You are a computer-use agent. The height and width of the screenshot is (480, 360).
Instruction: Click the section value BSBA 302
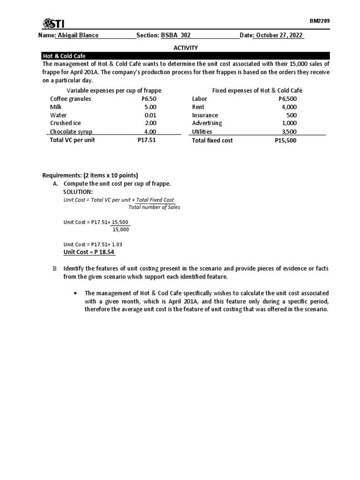click(176, 36)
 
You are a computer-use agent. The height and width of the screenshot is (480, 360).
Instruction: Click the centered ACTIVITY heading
click(186, 47)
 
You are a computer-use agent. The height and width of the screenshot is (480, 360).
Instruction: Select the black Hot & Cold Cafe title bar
click(186, 55)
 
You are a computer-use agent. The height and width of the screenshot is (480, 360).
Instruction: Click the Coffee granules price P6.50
click(149, 99)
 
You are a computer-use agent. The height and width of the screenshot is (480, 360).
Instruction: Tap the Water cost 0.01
click(150, 115)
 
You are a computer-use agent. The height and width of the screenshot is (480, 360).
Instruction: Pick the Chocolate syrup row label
click(71, 132)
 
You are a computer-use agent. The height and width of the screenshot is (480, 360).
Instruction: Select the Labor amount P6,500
click(287, 99)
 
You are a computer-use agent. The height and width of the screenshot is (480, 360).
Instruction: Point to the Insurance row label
click(205, 115)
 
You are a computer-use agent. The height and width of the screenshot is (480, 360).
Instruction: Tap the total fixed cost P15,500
click(285, 140)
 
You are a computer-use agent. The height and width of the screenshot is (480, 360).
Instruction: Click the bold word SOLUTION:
click(78, 192)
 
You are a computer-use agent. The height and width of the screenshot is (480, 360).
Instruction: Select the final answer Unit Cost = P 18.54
click(89, 252)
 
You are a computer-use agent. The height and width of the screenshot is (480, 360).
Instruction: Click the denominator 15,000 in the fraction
click(121, 230)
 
